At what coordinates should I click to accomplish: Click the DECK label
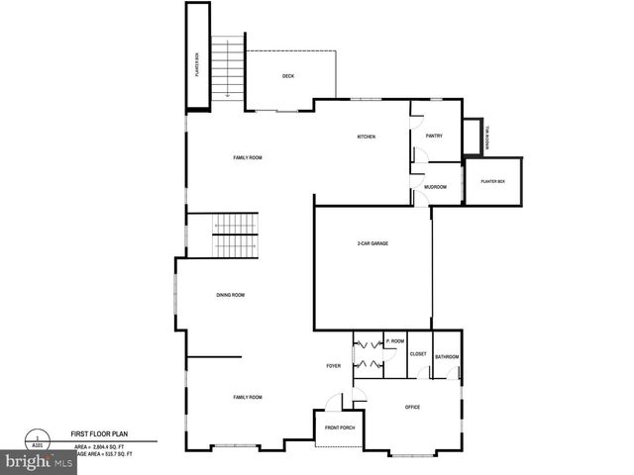(288, 76)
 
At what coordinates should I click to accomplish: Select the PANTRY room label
(434, 136)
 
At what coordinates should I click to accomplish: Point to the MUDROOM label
(435, 187)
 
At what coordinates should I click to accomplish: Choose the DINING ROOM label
(231, 295)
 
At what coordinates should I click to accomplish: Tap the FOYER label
(334, 366)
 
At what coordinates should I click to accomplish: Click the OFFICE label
(413, 407)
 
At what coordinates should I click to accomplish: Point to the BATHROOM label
(447, 356)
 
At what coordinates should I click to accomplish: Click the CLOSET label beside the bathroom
(418, 354)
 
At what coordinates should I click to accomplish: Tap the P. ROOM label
(395, 341)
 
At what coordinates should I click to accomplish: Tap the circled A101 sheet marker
(39, 441)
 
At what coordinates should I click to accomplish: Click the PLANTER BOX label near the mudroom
(492, 182)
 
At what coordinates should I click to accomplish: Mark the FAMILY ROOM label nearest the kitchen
(248, 158)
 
